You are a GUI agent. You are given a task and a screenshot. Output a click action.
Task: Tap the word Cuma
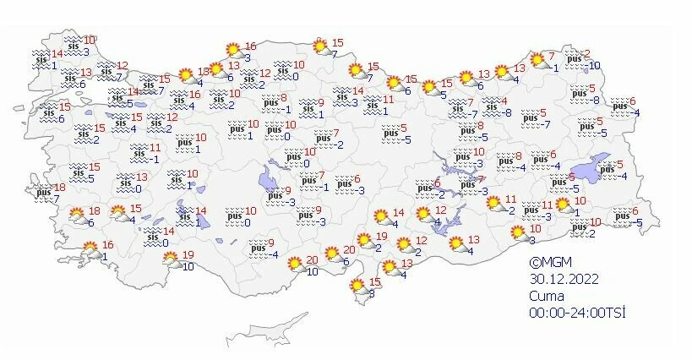point(545,296)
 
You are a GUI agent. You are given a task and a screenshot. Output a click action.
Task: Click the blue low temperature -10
point(595,65)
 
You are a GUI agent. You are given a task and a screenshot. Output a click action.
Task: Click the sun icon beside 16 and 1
point(90,250)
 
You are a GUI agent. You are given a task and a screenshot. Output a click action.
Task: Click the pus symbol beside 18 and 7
point(43,194)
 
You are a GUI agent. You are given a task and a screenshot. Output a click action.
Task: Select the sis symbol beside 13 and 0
point(125,183)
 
